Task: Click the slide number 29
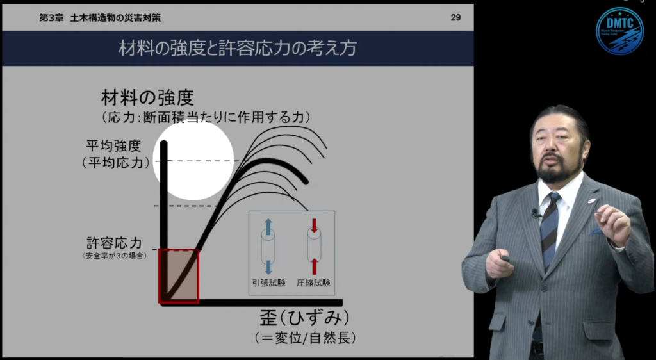[455, 17]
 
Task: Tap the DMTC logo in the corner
[619, 31]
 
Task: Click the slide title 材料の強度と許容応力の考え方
[237, 49]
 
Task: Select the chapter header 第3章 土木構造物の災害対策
[100, 17]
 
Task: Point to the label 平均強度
[113, 145]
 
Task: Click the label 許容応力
[113, 243]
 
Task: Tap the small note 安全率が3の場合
[114, 256]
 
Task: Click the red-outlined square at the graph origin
[179, 275]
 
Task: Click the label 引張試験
[268, 282]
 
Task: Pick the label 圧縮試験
[313, 282]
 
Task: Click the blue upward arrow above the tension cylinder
[268, 225]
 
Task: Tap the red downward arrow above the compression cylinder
[314, 225]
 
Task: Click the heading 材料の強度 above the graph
[147, 98]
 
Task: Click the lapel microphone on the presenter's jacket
[535, 213]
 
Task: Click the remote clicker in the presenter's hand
[505, 259]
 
